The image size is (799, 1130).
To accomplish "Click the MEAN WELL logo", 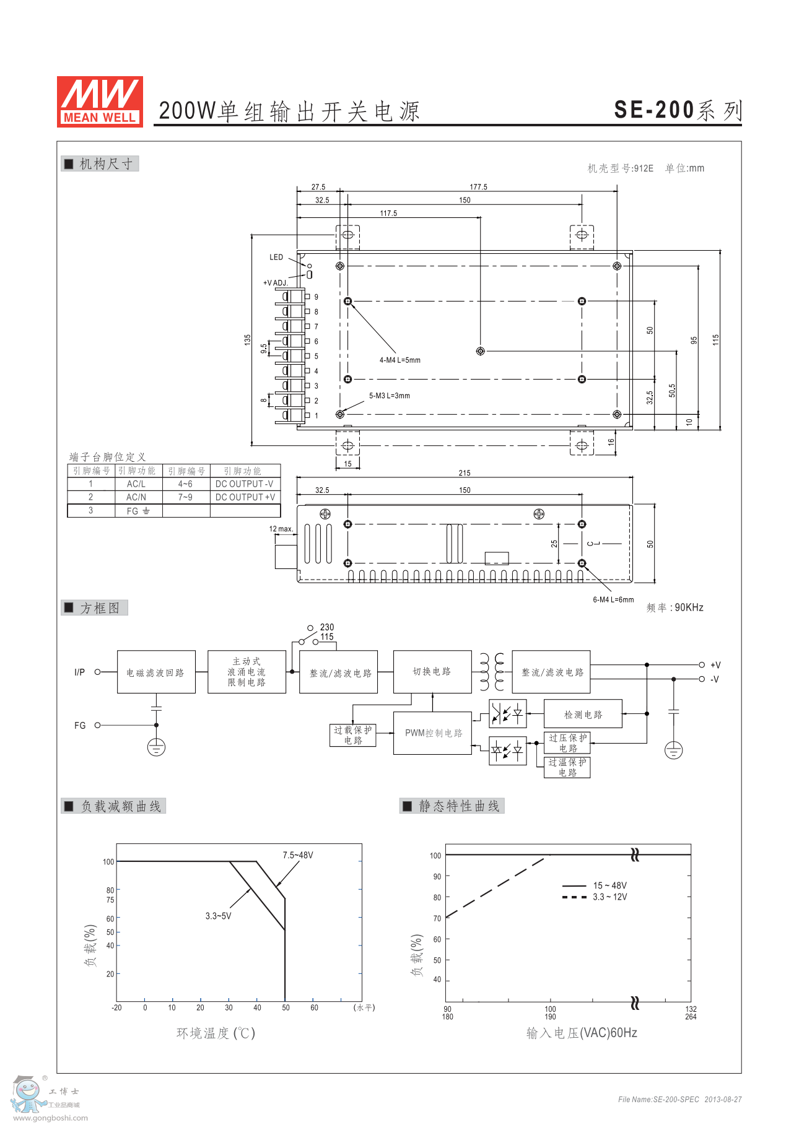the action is [x=100, y=102].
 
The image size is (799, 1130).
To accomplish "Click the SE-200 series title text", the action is [x=678, y=110].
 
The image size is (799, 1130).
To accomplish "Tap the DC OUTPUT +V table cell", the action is [x=245, y=497].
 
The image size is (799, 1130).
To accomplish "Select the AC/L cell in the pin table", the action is [x=136, y=484].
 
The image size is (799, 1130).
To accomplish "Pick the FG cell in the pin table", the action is [x=138, y=511].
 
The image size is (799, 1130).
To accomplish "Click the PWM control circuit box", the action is [x=433, y=733].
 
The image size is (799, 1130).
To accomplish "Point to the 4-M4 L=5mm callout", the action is [x=399, y=360].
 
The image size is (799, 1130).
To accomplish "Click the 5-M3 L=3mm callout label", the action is [x=390, y=396].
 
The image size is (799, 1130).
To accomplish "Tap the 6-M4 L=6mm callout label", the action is [x=613, y=599].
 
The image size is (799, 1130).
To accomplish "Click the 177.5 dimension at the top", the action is [x=478, y=187].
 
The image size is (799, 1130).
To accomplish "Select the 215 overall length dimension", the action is [x=465, y=473].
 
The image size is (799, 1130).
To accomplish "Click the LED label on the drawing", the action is [x=276, y=258].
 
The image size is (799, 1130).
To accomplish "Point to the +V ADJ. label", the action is [x=276, y=283].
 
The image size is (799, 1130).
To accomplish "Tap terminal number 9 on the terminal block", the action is [x=316, y=297].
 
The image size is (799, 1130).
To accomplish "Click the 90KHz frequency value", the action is [x=689, y=608].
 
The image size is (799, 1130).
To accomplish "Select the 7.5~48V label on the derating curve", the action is [x=298, y=855].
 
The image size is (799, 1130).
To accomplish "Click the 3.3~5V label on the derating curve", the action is [x=218, y=916].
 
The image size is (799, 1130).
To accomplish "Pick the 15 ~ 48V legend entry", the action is [x=610, y=885].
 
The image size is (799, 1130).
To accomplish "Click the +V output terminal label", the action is [x=715, y=665].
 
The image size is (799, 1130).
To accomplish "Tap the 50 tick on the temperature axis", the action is [x=286, y=1007].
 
